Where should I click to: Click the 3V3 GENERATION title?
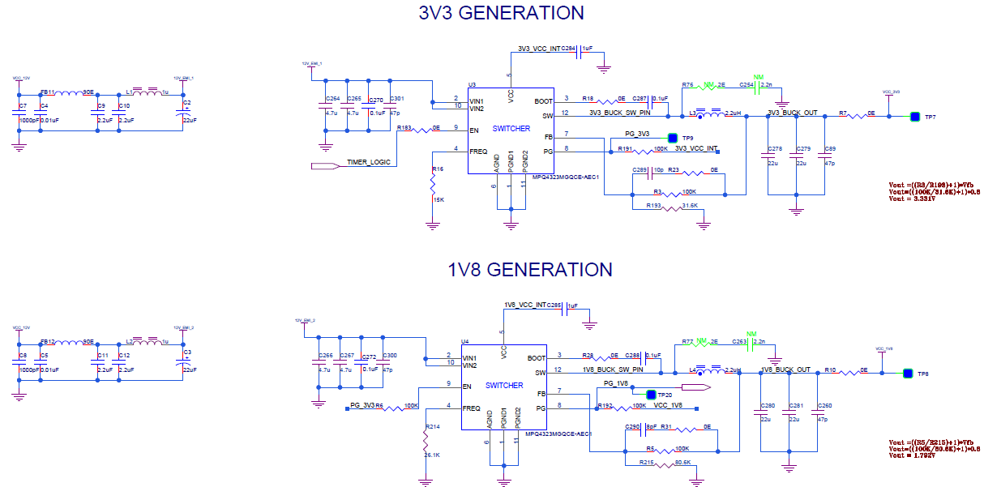(501, 13)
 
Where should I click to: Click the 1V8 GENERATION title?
(530, 270)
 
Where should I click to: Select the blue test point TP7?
(915, 117)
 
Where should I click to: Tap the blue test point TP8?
(908, 374)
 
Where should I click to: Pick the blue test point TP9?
(672, 139)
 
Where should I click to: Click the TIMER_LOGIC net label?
(369, 162)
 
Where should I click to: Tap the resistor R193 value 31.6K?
(691, 206)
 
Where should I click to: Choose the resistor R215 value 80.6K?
(682, 463)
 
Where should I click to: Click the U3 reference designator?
(473, 84)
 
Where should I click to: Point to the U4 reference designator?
(465, 341)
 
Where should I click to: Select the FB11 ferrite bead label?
(48, 92)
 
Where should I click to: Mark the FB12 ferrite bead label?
(48, 342)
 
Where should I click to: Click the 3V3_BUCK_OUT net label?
(792, 113)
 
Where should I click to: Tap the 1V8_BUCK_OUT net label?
(785, 370)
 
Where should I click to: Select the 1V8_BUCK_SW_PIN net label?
(613, 370)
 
